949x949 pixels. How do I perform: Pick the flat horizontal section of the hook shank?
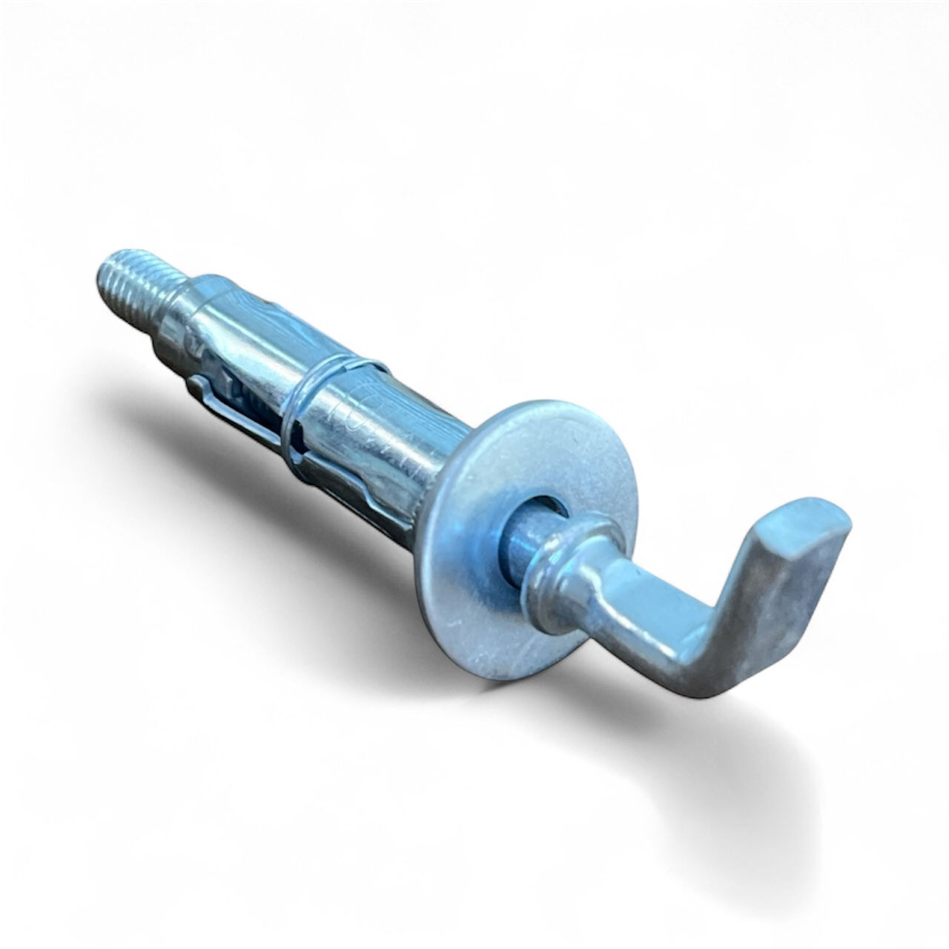(x=638, y=601)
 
